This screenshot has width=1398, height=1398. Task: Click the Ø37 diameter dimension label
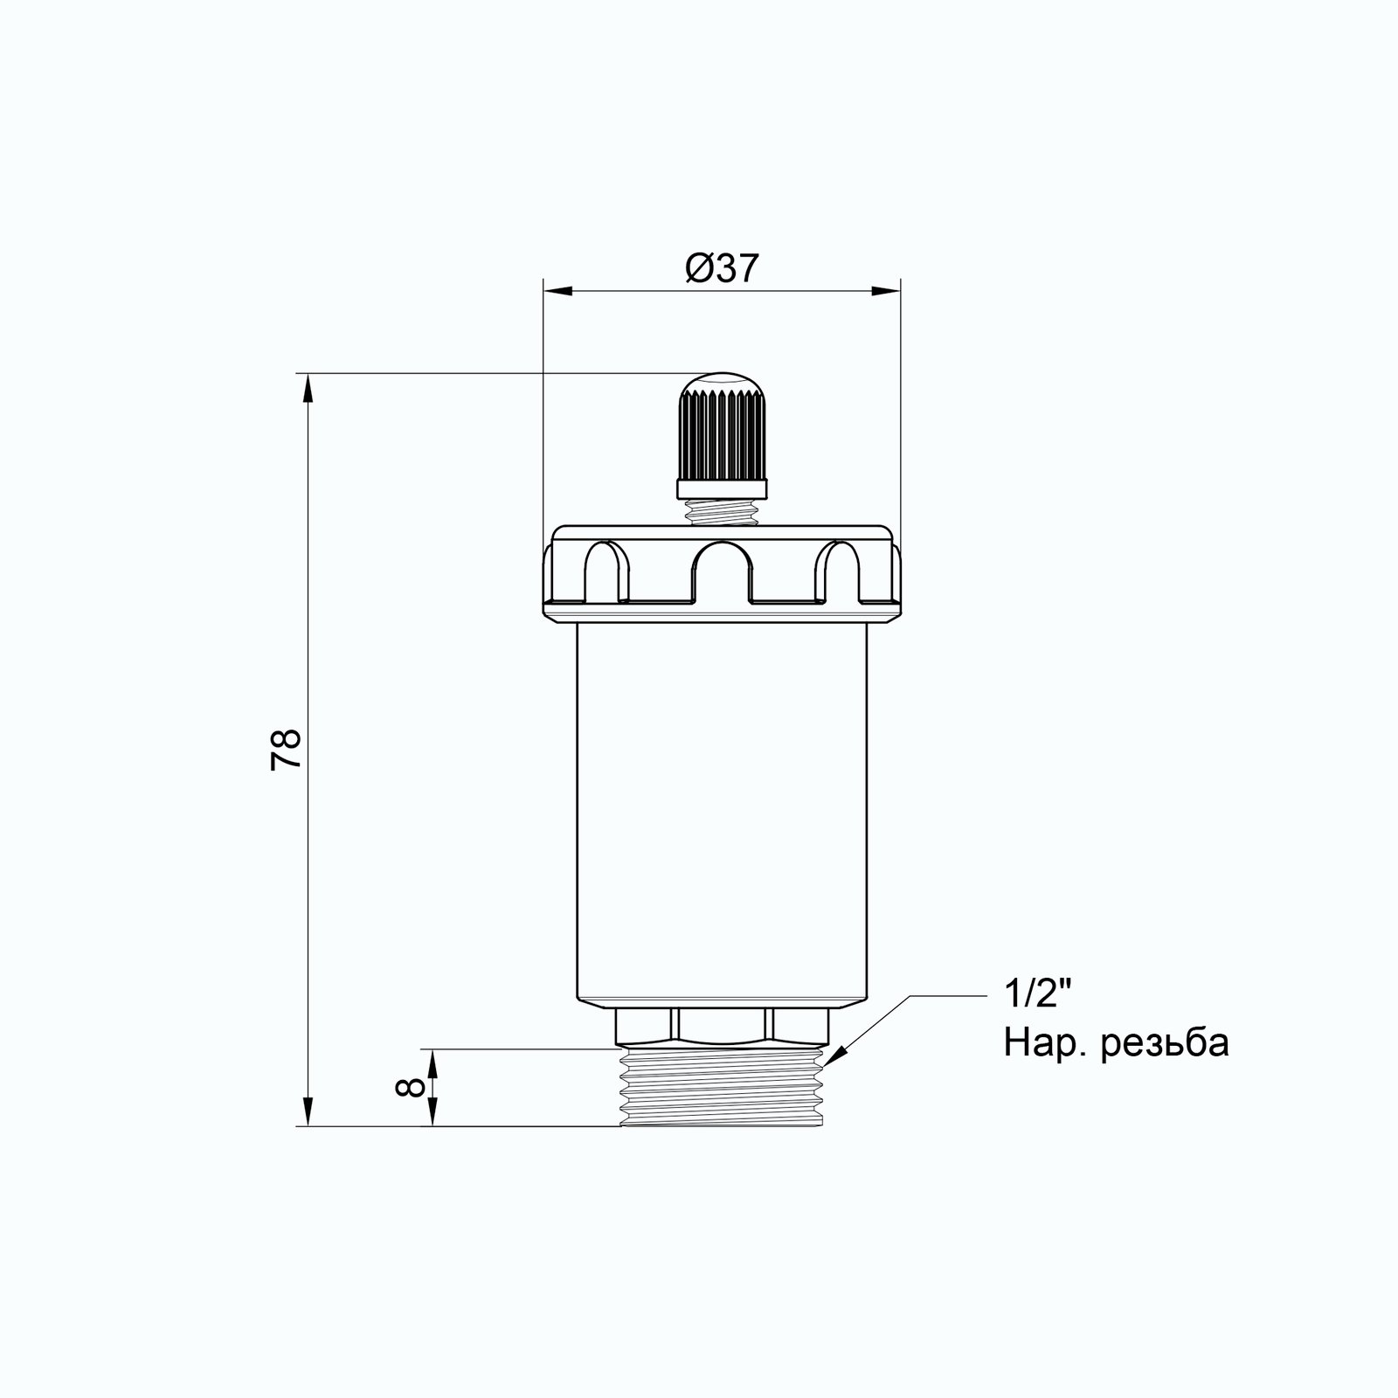721,268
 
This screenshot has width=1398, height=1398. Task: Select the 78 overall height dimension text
286,748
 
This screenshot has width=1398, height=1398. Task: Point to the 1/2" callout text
1037,996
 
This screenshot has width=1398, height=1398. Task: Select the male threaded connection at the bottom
722,1088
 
